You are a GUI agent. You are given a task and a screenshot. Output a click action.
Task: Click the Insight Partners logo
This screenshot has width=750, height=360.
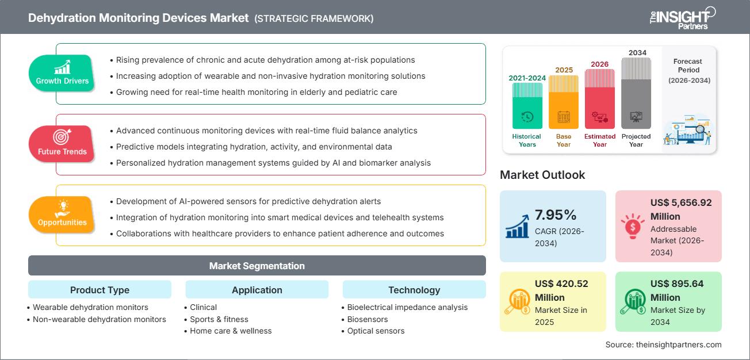pos(682,18)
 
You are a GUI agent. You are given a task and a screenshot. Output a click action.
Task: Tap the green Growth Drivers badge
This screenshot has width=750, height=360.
pos(62,73)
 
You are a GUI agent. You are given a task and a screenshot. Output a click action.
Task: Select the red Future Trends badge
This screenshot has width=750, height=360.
pos(62,144)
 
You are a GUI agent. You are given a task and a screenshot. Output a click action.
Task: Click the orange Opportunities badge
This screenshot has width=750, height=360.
pos(62,215)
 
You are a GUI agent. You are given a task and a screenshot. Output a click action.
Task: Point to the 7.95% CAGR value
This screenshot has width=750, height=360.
pos(556,215)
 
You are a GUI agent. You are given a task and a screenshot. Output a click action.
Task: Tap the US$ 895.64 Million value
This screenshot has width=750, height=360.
pos(677,290)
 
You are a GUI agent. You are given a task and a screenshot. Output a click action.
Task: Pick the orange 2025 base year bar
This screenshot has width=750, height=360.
pos(564,102)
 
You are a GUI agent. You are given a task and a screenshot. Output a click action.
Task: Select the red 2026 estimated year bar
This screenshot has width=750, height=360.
pos(600,98)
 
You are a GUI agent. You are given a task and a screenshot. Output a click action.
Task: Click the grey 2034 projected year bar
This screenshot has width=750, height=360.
pos(636,93)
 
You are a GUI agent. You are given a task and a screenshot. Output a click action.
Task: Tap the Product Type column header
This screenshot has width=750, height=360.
pos(100,290)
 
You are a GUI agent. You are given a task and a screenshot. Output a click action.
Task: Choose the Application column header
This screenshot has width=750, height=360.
pos(257,290)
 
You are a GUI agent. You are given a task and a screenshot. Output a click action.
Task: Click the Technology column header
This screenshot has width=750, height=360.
pos(414,290)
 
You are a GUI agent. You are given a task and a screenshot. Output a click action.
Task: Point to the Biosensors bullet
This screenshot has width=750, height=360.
pos(368,319)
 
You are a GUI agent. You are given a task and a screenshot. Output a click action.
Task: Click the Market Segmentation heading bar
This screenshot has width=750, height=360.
pos(257,266)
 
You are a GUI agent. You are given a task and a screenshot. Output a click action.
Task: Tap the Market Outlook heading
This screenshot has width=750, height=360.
pos(542,175)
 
